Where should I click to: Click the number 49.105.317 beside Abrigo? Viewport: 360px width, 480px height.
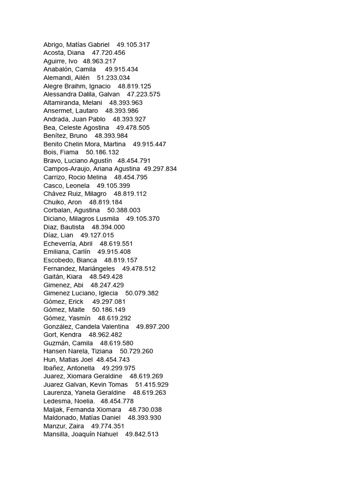[133, 45]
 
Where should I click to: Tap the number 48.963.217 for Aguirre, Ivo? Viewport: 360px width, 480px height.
[99, 61]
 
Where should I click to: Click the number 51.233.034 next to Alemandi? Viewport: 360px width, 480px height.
[113, 78]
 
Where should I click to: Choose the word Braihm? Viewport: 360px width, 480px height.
[75, 86]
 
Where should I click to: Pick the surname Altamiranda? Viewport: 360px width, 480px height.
[61, 103]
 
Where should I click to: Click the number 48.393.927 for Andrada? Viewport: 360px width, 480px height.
[129, 119]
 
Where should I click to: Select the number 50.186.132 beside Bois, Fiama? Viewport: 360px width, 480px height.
[102, 152]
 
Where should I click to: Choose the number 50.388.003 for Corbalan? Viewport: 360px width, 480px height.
[124, 210]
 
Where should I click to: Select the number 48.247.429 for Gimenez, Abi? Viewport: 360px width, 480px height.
[107, 285]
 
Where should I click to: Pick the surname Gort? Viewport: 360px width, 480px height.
[51, 335]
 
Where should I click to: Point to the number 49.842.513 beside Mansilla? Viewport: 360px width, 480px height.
[142, 434]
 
